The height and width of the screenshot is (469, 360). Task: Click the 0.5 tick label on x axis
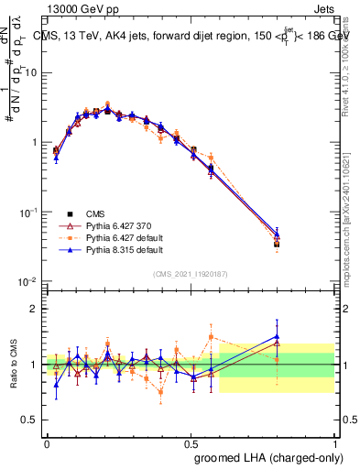tap(191, 441)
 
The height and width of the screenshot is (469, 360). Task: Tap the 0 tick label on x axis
tap(48, 441)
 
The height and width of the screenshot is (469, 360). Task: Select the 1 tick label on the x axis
tap(335, 441)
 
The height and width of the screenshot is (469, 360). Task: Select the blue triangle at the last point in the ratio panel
tap(278, 336)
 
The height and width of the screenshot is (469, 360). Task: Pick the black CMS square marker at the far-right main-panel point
tap(278, 245)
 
